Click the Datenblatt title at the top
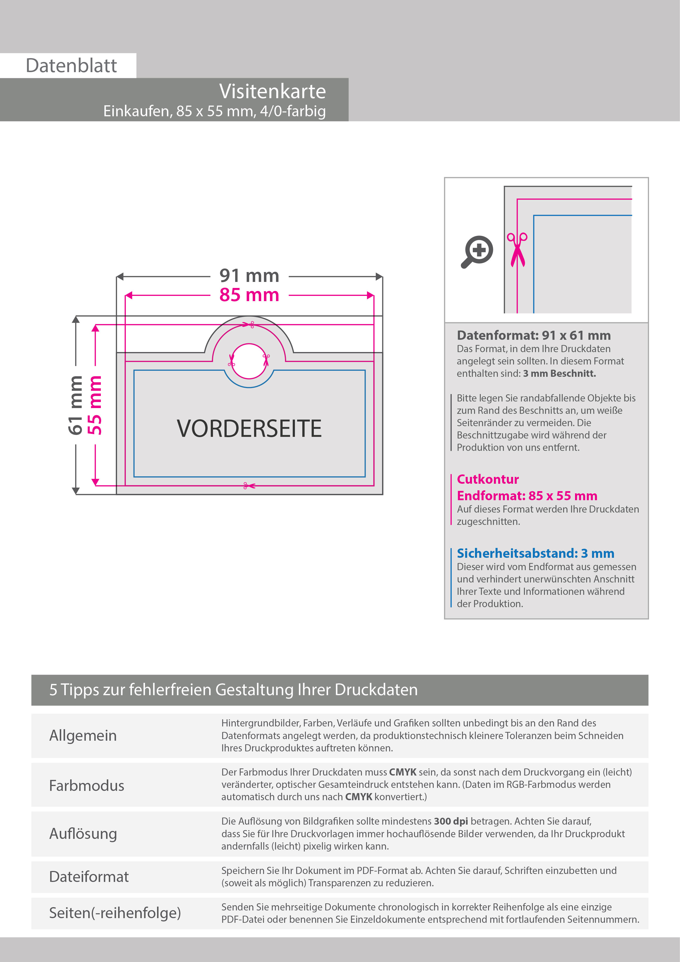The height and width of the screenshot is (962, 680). click(x=71, y=66)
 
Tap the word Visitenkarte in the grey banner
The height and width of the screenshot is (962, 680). click(x=272, y=91)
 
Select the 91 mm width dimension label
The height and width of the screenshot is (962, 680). click(x=249, y=276)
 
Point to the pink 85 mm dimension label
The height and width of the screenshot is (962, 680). click(x=249, y=295)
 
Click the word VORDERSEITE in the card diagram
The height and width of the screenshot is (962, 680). click(x=249, y=429)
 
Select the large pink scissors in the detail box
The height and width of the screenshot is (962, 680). click(x=517, y=250)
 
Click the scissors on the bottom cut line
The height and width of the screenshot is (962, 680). click(x=248, y=486)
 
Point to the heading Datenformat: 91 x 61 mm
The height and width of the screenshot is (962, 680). click(x=533, y=335)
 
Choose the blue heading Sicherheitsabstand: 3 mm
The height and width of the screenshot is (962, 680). click(x=535, y=553)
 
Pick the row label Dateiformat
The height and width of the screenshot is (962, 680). click(x=89, y=876)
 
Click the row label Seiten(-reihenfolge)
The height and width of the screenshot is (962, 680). click(x=115, y=913)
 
